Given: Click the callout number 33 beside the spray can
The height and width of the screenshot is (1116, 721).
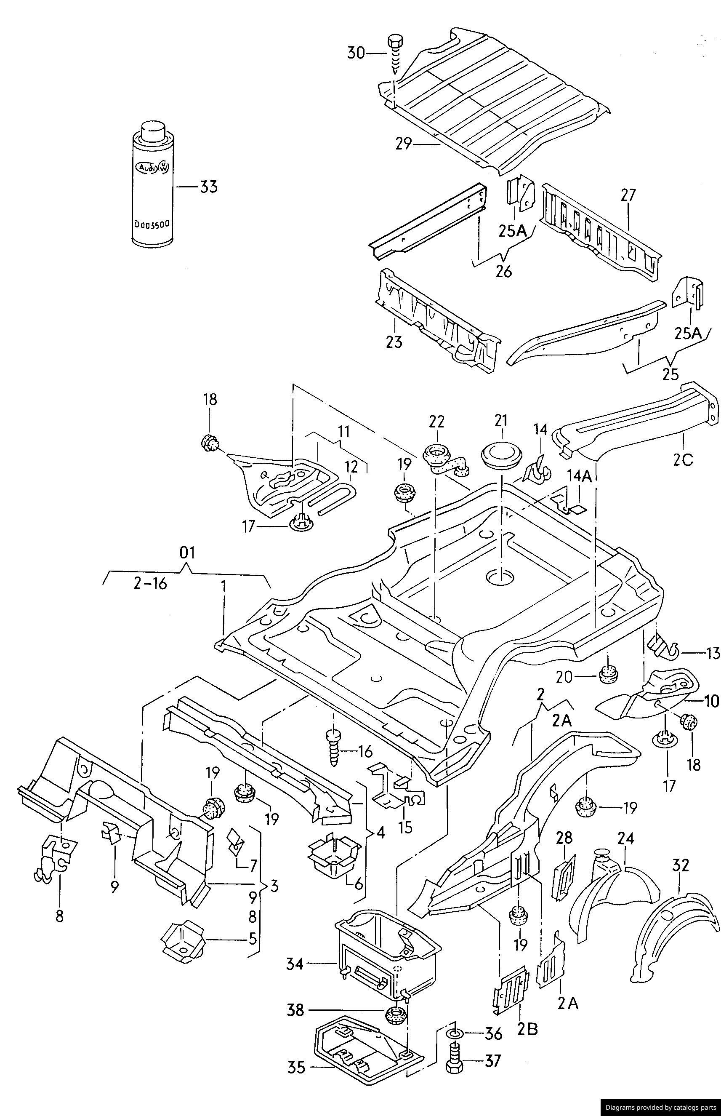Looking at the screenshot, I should tap(209, 187).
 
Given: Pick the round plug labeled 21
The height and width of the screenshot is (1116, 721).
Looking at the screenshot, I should tap(500, 456).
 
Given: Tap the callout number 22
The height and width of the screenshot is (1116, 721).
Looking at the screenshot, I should tap(436, 422).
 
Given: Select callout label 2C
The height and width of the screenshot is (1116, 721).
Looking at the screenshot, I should tap(683, 460).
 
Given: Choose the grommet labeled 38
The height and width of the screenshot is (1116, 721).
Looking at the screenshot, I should tap(396, 1017).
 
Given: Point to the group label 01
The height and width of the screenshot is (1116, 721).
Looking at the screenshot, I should tap(187, 553).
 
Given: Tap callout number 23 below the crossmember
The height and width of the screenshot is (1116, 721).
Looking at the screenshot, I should tap(394, 342).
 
